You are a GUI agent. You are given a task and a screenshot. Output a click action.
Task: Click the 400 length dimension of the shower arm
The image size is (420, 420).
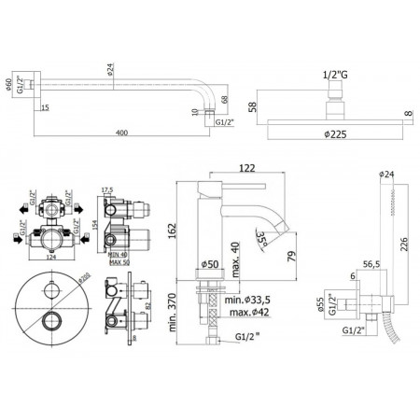click(x=117, y=133)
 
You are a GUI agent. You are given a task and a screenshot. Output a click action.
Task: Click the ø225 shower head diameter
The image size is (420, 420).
click(x=331, y=133)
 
